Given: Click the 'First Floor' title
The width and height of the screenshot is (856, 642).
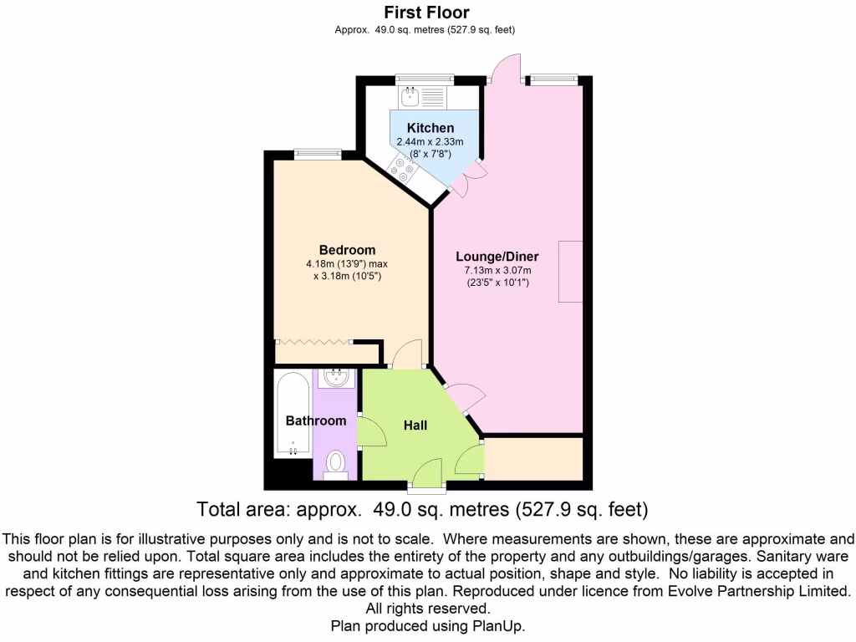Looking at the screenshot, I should point(426,13).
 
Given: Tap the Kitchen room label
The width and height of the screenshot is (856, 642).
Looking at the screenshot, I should point(431,128).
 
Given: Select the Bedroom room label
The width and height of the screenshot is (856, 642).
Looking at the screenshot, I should point(347,250).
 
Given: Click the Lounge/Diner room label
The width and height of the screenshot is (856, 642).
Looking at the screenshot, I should point(497,257).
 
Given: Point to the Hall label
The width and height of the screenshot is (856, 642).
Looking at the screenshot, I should point(415,425).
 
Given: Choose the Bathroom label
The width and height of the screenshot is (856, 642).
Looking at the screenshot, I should point(316,420).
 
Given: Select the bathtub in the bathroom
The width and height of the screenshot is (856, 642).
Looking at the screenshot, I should point(292,415).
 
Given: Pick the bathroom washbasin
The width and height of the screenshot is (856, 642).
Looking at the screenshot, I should point(337,377).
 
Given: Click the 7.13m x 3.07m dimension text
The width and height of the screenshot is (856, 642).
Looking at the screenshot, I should point(498,270).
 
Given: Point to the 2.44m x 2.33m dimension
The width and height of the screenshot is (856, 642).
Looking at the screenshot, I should point(431,142).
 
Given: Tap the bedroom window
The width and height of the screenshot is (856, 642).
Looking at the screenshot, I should point(318,152).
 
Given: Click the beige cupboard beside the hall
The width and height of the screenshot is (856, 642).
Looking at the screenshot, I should point(533,458).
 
